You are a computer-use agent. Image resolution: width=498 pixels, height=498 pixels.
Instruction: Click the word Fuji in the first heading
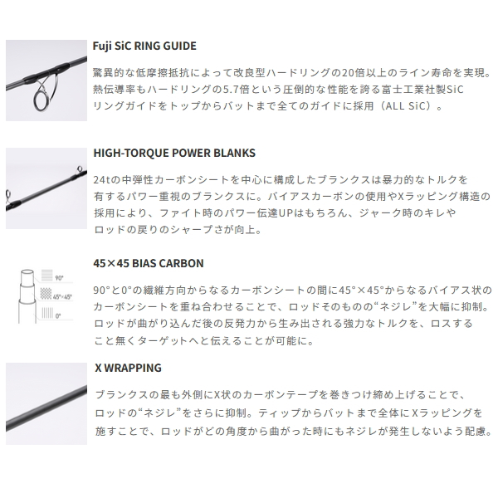105,46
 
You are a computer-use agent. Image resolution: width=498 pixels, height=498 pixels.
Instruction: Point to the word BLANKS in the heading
234,154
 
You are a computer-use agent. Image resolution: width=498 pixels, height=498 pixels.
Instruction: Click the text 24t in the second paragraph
103,179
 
